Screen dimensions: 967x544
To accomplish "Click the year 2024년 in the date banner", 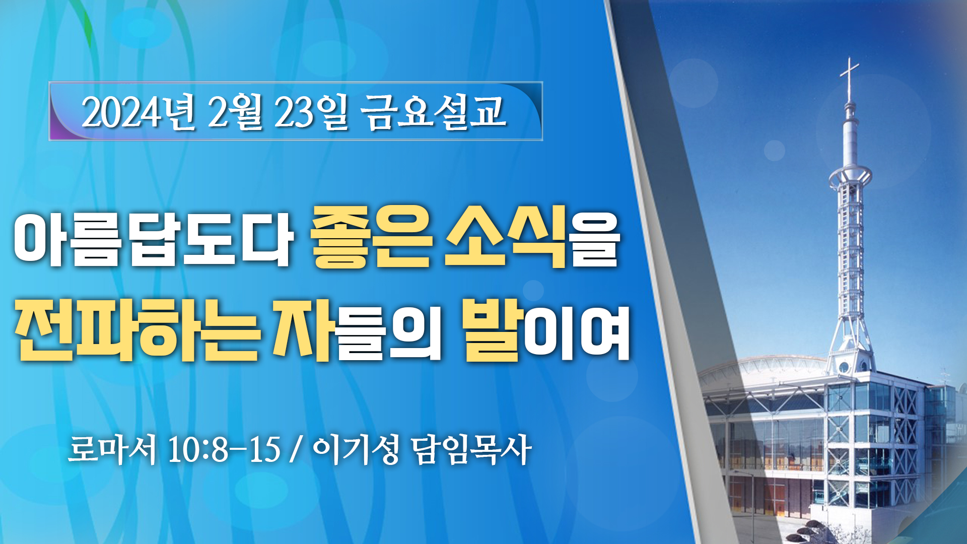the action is click(139, 112).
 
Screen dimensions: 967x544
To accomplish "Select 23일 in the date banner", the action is click(311, 112).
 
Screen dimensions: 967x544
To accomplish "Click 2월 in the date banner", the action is click(235, 112).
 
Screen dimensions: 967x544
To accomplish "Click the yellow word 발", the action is click(491, 329).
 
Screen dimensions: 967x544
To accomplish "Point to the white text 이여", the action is click(577, 333).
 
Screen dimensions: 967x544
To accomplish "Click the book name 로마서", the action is click(112, 449).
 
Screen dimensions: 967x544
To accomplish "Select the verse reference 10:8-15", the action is click(224, 449).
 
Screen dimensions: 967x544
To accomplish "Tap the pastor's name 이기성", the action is click(356, 449).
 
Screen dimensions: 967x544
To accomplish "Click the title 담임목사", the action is click(471, 449).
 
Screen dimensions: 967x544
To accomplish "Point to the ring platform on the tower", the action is click(850, 176).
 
